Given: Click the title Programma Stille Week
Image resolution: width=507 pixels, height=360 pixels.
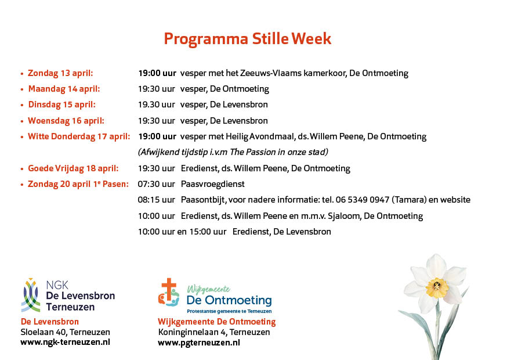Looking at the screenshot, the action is [x=247, y=39].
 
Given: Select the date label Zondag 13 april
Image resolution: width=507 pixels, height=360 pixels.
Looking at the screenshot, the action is [x=60, y=73].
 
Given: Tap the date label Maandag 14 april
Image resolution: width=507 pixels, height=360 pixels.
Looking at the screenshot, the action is [x=64, y=89].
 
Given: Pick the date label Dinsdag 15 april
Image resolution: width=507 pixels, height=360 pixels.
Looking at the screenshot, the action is [x=61, y=105].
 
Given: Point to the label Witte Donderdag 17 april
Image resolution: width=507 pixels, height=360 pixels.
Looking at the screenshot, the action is [x=79, y=136].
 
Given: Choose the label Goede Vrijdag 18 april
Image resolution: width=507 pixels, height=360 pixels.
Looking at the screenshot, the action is [x=73, y=168].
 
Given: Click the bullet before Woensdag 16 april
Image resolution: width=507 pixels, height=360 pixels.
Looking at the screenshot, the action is [x=22, y=122].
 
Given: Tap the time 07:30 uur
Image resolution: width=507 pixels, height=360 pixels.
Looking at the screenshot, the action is [x=156, y=184].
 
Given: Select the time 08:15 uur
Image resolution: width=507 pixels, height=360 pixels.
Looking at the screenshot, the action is [x=156, y=200].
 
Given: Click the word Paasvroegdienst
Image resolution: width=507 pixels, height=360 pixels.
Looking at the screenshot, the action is [x=213, y=185].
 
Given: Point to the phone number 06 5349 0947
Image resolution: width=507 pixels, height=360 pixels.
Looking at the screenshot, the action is [x=362, y=200].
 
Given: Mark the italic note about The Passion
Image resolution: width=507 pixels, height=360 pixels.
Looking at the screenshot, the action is [x=233, y=152].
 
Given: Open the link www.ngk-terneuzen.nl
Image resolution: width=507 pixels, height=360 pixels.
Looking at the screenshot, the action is [x=65, y=343].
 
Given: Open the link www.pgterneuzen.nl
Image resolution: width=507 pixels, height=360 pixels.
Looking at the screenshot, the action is [x=199, y=343].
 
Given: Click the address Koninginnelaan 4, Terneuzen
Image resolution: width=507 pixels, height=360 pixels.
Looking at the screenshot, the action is [x=214, y=332].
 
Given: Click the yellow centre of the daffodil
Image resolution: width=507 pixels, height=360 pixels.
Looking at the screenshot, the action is [x=437, y=287].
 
